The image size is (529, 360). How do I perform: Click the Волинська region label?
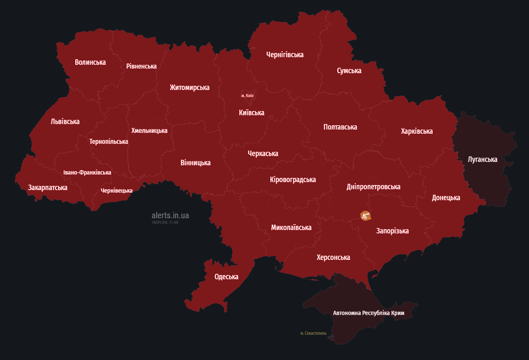click(x=90, y=62)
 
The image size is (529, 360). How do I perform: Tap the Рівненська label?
click(x=141, y=66)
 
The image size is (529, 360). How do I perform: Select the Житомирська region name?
click(x=189, y=87)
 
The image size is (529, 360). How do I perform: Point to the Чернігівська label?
click(x=285, y=54)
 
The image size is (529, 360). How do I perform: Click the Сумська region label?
click(x=349, y=71)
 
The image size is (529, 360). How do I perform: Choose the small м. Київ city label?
click(x=247, y=95)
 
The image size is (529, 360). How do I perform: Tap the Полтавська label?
click(x=340, y=127)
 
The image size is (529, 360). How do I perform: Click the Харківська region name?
click(x=417, y=131)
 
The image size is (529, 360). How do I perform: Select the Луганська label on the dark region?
click(x=482, y=159)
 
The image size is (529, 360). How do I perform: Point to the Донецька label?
click(x=446, y=198)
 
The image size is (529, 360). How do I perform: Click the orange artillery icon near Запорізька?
click(x=365, y=216)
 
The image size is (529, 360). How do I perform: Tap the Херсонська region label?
click(x=333, y=257)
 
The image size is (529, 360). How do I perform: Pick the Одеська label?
click(x=226, y=277)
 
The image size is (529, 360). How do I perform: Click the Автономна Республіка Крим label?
click(x=368, y=313)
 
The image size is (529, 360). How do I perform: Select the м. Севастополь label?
click(x=313, y=333)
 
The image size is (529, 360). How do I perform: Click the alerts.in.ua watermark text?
click(x=170, y=215)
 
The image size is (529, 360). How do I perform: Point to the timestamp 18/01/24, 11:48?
click(x=165, y=222)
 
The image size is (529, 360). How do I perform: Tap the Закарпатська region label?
click(x=48, y=188)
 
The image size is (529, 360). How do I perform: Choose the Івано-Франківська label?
click(x=87, y=172)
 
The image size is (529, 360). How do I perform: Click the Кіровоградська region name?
click(x=293, y=180)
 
